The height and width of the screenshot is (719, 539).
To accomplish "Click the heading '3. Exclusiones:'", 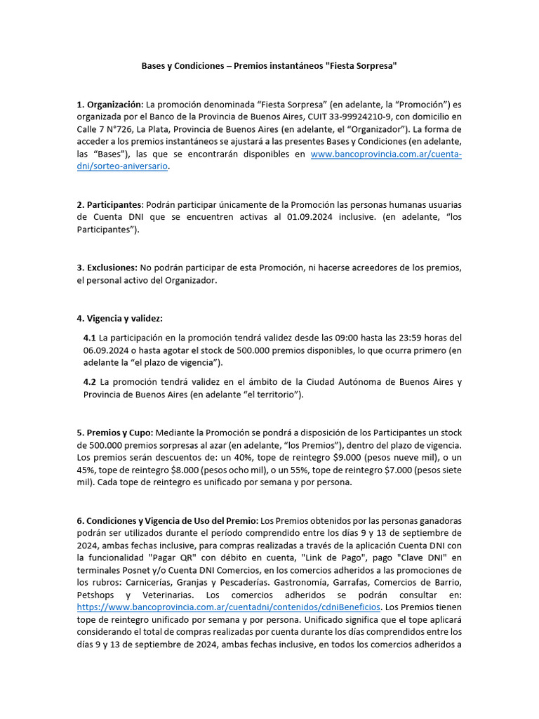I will [x=107, y=268].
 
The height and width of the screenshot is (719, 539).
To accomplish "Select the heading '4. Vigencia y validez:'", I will [x=119, y=318].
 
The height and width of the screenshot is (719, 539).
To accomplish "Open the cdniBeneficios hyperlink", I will [x=228, y=607].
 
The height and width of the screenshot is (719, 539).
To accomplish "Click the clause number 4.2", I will [x=90, y=382].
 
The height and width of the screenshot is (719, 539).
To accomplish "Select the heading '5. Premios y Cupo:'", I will [x=114, y=433].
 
